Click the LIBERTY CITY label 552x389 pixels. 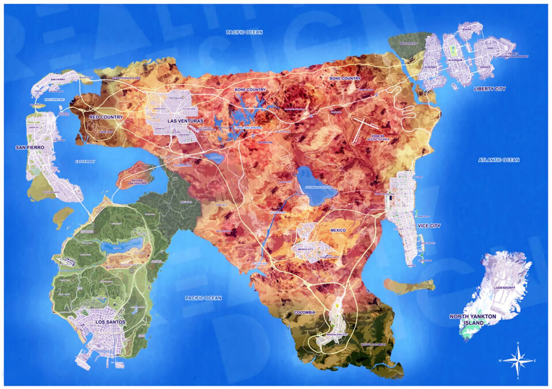click(489, 89)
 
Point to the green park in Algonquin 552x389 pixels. click(453, 51)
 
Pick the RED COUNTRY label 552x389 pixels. click(106, 118)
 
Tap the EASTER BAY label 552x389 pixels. click(85, 162)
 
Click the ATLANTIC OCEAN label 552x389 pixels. click(498, 160)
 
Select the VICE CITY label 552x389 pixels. click(428, 226)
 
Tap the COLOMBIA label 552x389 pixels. click(304, 312)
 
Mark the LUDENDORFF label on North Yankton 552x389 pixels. click(505, 287)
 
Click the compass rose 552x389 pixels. click(517, 361)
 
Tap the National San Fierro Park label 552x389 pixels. click(138, 183)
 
